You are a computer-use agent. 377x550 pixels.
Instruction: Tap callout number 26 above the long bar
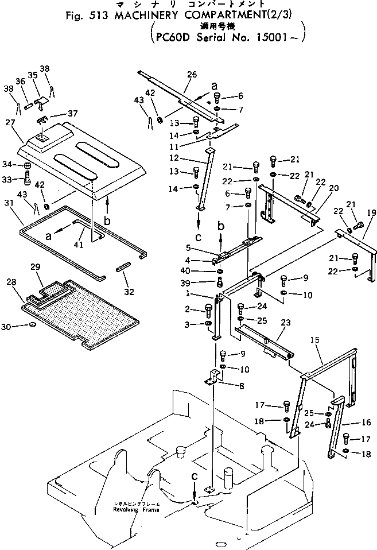click(x=192, y=75)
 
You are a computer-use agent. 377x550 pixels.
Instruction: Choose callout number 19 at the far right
click(x=371, y=212)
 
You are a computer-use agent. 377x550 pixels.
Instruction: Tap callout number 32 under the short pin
click(x=129, y=292)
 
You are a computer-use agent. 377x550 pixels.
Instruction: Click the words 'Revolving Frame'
click(x=137, y=509)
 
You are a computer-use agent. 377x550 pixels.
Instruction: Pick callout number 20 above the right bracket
click(x=333, y=188)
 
